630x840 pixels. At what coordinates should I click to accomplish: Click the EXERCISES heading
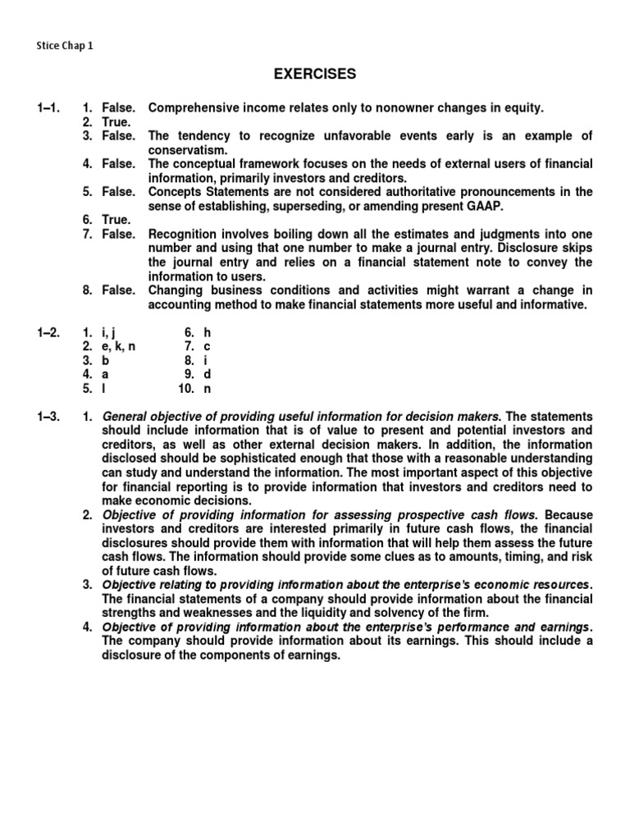click(x=315, y=75)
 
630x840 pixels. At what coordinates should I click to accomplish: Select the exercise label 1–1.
click(x=48, y=108)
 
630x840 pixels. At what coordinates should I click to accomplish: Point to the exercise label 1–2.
click(x=48, y=334)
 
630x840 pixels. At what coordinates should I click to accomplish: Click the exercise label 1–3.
click(x=48, y=418)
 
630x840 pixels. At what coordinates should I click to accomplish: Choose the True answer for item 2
click(x=116, y=122)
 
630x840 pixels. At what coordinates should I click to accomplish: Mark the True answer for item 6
click(x=116, y=221)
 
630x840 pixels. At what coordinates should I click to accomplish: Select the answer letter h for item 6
click(x=208, y=334)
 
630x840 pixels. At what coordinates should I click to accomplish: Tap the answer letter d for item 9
click(x=208, y=375)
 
